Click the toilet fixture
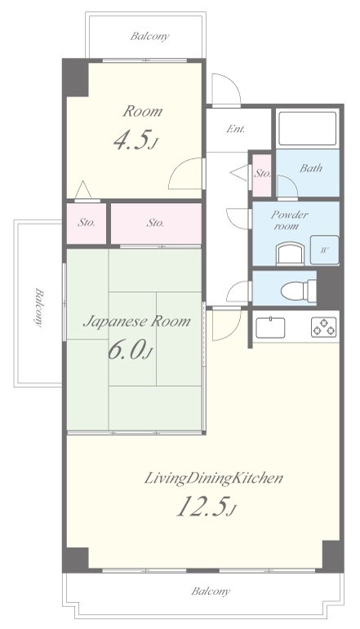[x=298, y=290]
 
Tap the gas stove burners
[x=323, y=326]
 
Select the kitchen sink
[x=270, y=327]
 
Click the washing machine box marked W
[x=324, y=250]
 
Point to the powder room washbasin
[x=290, y=254]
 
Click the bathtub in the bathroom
[x=308, y=128]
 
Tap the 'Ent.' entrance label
[x=236, y=129]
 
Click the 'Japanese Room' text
[x=136, y=321]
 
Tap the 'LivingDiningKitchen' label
[x=214, y=478]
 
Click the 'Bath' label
[x=311, y=168]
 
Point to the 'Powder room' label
[x=289, y=219]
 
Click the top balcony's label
[x=149, y=37]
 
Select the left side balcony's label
[x=38, y=308]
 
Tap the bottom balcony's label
[x=211, y=591]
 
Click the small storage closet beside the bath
[x=262, y=175]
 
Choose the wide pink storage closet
[x=156, y=223]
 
